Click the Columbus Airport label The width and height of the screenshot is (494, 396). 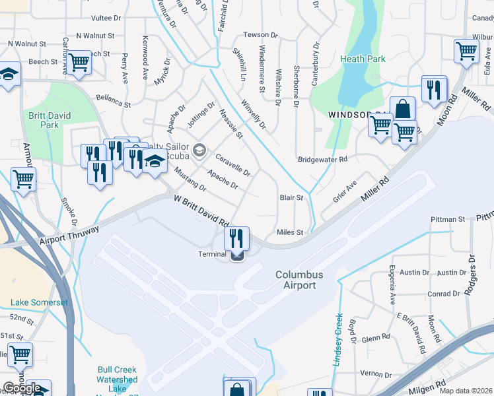coord(299,280)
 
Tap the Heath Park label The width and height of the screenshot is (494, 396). coord(363,59)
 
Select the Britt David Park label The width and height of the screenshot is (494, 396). coord(44,119)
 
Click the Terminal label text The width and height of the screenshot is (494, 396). coord(213,254)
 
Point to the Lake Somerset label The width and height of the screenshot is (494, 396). coord(39,302)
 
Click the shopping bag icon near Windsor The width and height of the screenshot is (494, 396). coord(402,109)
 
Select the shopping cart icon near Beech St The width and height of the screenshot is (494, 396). coord(79,62)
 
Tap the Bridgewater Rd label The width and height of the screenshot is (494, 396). coord(322,159)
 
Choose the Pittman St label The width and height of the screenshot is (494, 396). coord(448,218)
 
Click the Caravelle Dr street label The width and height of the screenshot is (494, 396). coord(233,164)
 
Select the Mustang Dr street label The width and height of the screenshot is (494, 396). coord(190,180)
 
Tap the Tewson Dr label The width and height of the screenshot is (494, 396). coord(256,34)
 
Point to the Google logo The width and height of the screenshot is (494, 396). coord(22,388)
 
